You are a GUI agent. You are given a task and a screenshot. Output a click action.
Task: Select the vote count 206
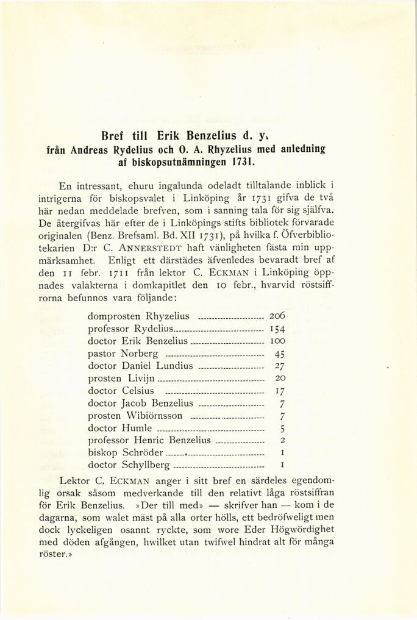277,316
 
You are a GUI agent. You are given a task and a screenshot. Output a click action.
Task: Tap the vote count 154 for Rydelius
277,329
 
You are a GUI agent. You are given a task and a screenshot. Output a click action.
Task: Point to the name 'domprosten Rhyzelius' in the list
138,316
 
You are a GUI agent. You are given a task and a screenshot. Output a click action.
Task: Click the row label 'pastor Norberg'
123,354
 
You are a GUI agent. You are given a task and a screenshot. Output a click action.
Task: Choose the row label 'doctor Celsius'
121,391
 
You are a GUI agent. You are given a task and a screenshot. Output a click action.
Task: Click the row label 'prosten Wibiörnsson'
135,416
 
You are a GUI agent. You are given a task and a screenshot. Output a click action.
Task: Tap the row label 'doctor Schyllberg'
129,465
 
